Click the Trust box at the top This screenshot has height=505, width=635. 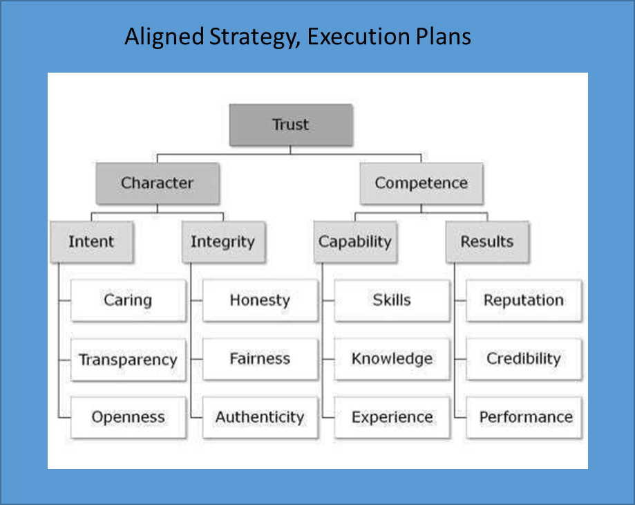click(x=291, y=125)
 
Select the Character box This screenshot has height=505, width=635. click(x=158, y=183)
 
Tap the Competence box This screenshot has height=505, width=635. click(x=421, y=183)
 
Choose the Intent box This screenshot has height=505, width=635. click(x=91, y=242)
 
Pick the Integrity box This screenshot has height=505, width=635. click(x=224, y=242)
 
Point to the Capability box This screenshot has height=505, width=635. click(x=355, y=242)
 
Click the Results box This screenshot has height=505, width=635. click(x=487, y=242)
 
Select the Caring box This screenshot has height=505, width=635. click(x=128, y=300)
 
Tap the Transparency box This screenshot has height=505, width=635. click(x=128, y=360)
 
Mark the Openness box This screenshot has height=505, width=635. click(x=128, y=417)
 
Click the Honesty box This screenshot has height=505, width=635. click(x=260, y=300)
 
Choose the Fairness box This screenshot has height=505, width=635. click(x=260, y=359)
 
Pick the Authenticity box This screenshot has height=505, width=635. click(x=260, y=417)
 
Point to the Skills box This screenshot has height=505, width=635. click(x=392, y=300)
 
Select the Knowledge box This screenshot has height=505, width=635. click(x=392, y=359)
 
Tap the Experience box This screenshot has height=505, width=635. click(x=392, y=417)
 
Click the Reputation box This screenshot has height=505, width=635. click(x=524, y=300)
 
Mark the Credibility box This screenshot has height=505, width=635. click(x=524, y=359)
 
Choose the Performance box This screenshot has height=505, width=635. click(x=524, y=417)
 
